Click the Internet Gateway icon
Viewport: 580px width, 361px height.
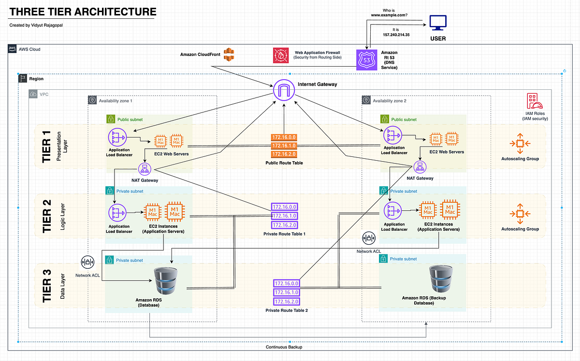pos(284,91)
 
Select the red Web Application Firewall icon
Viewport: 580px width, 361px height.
pos(280,56)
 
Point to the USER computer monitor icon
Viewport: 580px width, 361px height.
pos(438,22)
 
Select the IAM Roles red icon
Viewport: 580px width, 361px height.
pos(535,102)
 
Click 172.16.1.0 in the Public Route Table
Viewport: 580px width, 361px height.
pos(284,145)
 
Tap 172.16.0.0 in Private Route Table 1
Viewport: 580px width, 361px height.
pos(284,207)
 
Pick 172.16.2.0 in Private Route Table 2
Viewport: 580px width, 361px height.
pos(286,302)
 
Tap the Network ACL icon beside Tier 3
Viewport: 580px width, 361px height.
pos(88,263)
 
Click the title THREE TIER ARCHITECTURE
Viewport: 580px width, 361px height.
pos(83,11)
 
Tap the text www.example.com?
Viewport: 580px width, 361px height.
pos(389,15)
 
